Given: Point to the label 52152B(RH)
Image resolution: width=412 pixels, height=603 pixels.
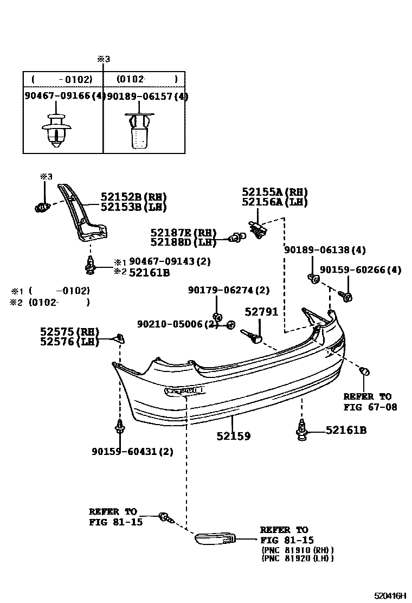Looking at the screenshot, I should (133, 197).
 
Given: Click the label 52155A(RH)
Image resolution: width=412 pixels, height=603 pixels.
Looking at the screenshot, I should (274, 192).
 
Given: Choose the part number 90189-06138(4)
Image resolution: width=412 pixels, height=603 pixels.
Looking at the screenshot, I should (325, 250).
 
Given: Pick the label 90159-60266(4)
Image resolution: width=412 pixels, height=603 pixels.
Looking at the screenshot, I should (360, 270).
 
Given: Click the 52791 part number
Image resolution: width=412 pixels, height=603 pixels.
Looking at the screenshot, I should (261, 312).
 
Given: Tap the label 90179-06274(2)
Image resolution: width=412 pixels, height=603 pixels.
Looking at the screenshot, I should (229, 290).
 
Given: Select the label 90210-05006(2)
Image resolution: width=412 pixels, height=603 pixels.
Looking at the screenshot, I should (177, 324).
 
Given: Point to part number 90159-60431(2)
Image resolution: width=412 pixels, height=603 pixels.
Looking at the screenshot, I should (132, 451).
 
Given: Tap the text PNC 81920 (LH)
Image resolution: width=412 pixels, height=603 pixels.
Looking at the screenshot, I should (298, 557).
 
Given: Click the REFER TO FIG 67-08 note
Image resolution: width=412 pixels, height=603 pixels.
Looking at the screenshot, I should (367, 401).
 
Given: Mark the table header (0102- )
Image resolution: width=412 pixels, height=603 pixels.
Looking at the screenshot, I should (146, 79).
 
